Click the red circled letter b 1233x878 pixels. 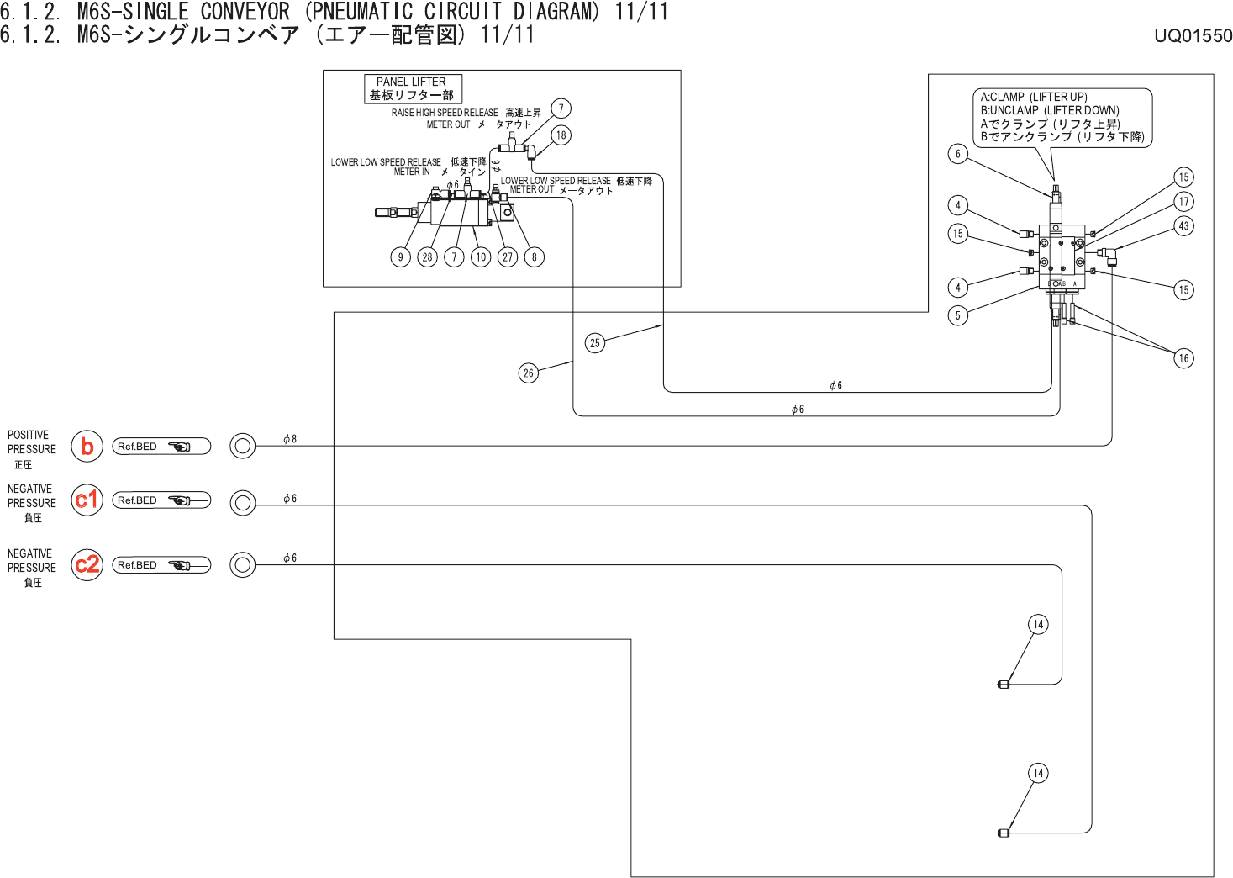point(87,446)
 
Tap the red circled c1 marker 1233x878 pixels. point(87,500)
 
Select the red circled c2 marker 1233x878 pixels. point(87,564)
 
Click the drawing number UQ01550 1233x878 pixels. point(1193,35)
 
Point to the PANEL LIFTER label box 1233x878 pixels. point(413,88)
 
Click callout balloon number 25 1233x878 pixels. point(595,342)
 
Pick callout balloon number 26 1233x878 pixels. point(528,373)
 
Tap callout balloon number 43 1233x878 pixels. point(1183,225)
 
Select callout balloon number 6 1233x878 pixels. point(957,154)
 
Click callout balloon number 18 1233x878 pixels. point(561,135)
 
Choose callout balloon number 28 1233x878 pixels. point(427,257)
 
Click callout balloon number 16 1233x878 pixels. point(1183,358)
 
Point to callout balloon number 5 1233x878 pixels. point(957,315)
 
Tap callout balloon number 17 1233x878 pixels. point(1183,201)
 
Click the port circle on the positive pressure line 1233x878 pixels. point(242,446)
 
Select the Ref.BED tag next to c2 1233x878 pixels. point(161,565)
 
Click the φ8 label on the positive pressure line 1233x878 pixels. point(290,439)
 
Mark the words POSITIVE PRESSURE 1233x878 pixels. point(32,442)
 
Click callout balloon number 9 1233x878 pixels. point(400,257)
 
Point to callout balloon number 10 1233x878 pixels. point(480,257)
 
